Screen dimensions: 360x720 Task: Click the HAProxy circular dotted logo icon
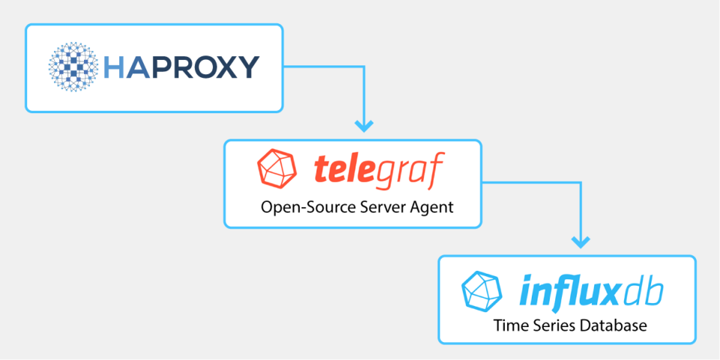[74, 67]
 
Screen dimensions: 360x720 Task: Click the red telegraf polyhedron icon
[274, 168]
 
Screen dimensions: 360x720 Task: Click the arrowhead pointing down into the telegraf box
[364, 124]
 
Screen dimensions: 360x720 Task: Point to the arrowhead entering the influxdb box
[578, 241]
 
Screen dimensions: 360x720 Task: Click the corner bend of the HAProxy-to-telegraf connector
[364, 67]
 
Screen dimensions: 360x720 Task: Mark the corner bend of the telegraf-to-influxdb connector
[578, 182]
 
